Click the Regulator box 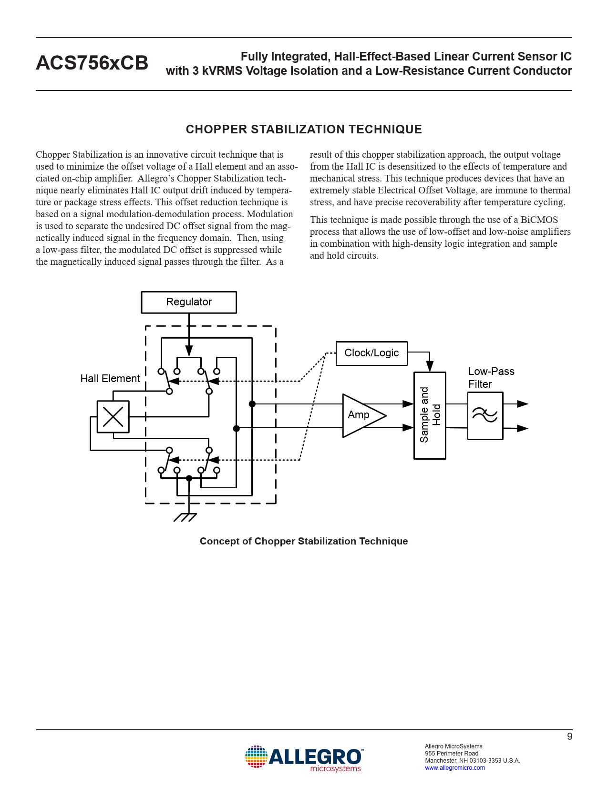(x=189, y=302)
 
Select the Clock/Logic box (x=371, y=353)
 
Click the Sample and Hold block (x=430, y=415)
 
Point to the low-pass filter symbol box (x=485, y=415)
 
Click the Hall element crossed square (x=113, y=417)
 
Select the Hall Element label (x=110, y=379)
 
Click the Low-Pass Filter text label (x=491, y=378)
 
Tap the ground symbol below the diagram (x=185, y=517)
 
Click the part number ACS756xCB (x=92, y=63)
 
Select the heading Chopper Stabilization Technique (x=304, y=130)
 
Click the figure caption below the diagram (x=304, y=541)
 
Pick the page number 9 (x=569, y=736)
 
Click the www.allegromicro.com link (x=455, y=768)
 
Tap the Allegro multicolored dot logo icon (x=256, y=757)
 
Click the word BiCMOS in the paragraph (x=539, y=220)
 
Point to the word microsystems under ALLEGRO (x=335, y=768)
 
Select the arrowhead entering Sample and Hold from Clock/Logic (x=430, y=366)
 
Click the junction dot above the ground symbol (x=189, y=478)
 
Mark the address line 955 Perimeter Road (x=452, y=754)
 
